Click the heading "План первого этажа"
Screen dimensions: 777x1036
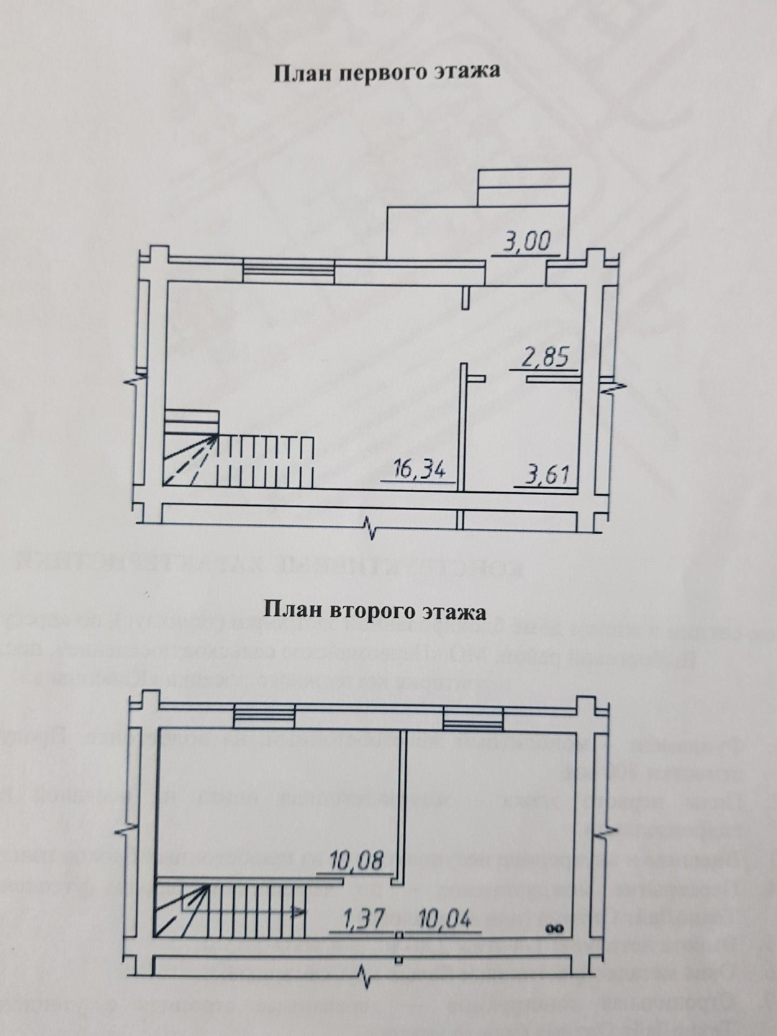click(386, 73)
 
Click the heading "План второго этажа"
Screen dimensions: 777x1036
click(376, 612)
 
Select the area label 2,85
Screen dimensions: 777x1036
click(546, 358)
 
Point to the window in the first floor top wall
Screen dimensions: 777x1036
click(288, 271)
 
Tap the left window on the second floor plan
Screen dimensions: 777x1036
click(264, 717)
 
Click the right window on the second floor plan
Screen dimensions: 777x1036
click(473, 717)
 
